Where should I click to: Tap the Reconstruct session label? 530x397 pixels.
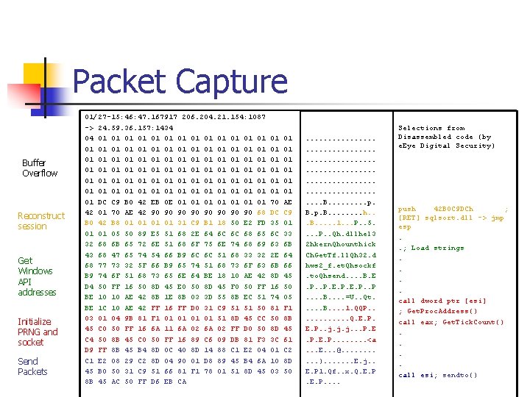(x=41, y=221)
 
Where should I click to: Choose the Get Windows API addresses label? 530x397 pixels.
(x=37, y=276)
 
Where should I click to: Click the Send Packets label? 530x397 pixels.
(x=32, y=366)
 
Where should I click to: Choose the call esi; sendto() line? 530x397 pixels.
(x=438, y=375)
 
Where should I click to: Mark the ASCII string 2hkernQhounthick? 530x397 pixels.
(x=340, y=244)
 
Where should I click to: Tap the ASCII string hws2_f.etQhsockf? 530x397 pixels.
(x=340, y=265)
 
